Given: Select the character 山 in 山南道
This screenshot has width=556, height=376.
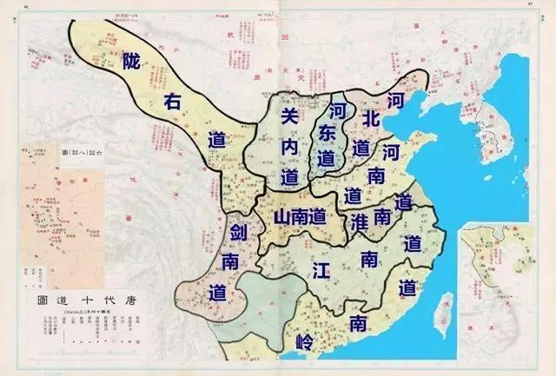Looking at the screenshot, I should [x=281, y=217].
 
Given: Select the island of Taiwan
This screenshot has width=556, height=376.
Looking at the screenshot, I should [x=444, y=307].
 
